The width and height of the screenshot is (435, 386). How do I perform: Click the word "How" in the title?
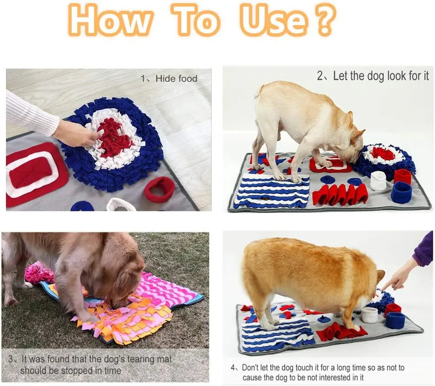(111, 21)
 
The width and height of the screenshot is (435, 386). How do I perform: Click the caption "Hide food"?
(176, 79)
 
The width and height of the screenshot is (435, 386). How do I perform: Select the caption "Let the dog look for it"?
(381, 76)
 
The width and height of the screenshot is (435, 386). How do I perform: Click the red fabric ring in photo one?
(160, 188)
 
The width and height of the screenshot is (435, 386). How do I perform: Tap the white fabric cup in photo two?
(378, 181)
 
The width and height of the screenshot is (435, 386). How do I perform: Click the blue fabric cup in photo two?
(401, 192)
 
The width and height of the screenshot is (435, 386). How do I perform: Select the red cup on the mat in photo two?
(403, 176)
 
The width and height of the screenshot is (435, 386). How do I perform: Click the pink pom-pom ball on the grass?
(39, 273)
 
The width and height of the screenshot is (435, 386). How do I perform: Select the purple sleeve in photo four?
(424, 250)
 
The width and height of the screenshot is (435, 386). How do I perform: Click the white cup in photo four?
(369, 315)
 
